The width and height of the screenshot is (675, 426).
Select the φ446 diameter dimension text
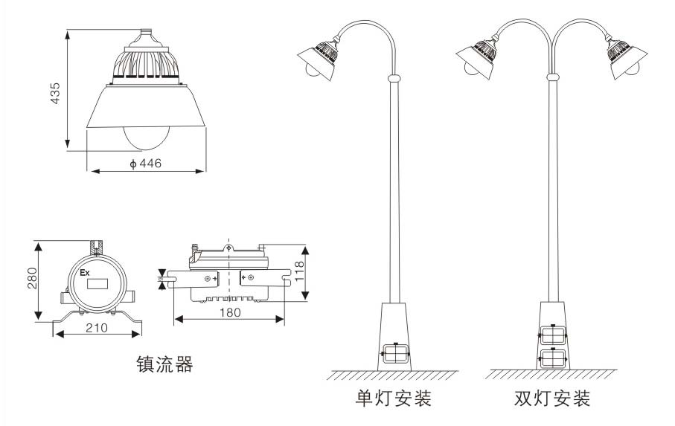[146, 164]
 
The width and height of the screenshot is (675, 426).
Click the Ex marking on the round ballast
[85, 273]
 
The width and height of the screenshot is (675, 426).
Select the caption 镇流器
[164, 364]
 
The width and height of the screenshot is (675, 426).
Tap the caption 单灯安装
[394, 398]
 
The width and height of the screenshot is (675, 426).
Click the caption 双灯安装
[552, 398]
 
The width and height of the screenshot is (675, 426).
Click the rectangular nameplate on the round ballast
[96, 283]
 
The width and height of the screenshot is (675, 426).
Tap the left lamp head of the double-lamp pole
[479, 58]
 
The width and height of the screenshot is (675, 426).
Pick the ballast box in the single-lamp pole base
[394, 353]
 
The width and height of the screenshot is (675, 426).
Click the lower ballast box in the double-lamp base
[552, 359]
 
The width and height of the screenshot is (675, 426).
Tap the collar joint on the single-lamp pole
[394, 77]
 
